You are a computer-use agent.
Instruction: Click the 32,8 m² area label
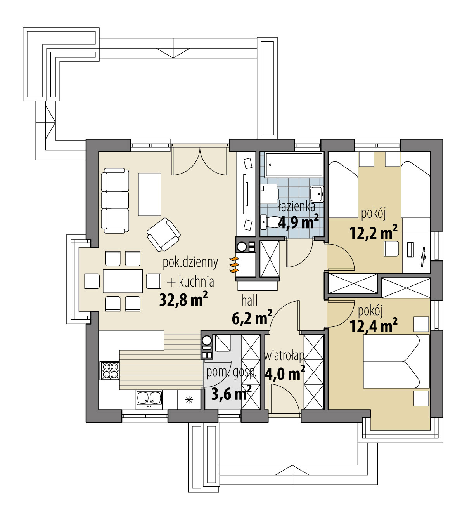183,300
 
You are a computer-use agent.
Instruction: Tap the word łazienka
297,207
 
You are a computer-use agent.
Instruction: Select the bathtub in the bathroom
294,165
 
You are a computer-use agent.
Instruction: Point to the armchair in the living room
164,234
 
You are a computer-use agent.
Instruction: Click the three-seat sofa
115,201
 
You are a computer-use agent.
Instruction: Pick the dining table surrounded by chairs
123,281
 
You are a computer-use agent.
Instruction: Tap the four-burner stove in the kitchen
110,370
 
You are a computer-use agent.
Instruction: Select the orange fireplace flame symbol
234,264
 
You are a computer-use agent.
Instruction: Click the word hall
249,300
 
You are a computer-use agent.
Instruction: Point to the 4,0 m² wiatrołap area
284,374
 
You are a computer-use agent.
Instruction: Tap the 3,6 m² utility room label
231,394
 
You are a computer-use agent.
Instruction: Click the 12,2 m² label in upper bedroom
373,233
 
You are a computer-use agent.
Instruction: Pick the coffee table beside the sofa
150,194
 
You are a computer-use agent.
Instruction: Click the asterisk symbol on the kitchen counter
189,399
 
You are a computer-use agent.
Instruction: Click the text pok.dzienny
190,263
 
